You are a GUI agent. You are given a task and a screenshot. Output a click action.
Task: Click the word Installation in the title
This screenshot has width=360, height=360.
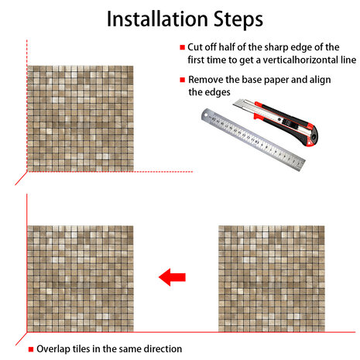coord(157,19)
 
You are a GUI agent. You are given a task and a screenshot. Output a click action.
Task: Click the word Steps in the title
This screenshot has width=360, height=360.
coord(238,20)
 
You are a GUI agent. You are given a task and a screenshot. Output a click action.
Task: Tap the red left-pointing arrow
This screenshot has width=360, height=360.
coord(172,277)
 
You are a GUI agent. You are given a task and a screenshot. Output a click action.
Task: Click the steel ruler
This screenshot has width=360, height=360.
coord(253,139)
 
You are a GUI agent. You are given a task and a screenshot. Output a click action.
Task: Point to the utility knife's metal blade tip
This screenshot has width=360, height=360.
coord(235,105)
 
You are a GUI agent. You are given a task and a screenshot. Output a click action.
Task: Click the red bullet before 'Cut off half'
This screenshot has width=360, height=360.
coord(183,47)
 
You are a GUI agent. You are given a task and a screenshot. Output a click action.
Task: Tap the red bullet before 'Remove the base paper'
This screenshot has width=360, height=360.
coord(183,80)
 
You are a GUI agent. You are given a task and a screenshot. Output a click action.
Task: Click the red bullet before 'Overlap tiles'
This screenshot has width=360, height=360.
coord(31,349)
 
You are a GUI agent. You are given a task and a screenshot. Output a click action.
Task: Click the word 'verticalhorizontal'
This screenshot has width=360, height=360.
coord(300,60)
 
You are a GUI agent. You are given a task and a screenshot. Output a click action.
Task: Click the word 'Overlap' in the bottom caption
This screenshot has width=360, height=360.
coord(53,349)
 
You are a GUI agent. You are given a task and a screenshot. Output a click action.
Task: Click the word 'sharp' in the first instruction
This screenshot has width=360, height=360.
coord(276,48)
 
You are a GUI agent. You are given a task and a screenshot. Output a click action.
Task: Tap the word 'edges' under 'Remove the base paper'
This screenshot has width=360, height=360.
coord(217,92)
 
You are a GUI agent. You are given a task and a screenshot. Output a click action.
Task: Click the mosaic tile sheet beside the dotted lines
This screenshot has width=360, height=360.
coord(81,118)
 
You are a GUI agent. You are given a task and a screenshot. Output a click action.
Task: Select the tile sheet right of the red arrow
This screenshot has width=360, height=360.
coord(272,279)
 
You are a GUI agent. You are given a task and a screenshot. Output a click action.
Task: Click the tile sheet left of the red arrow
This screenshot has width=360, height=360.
coord(81,279)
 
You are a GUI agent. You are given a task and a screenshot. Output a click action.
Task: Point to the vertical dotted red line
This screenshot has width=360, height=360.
coord(27,106)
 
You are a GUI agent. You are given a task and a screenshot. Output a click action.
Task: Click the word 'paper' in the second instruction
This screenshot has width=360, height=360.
coord(276,81)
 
